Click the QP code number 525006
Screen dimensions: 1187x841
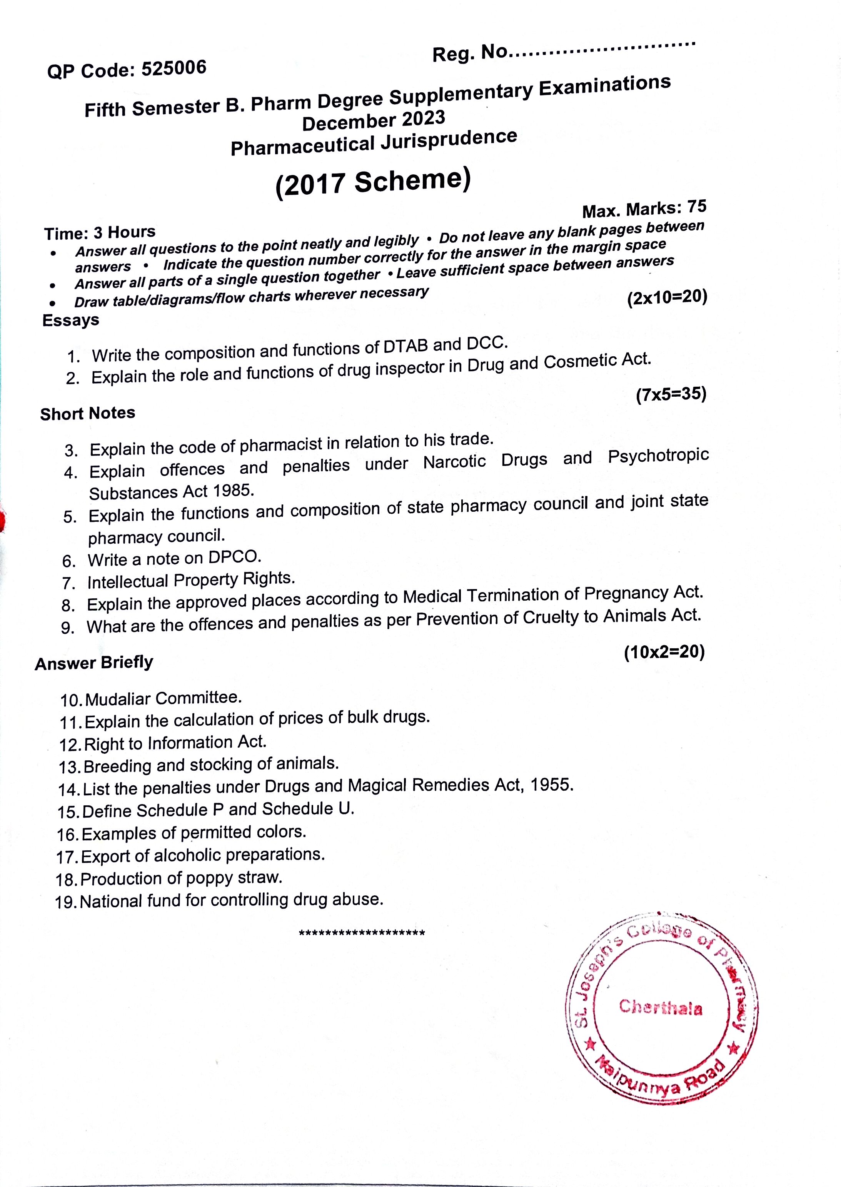(174, 68)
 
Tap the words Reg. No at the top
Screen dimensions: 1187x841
(470, 52)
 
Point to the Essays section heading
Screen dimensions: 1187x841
(70, 320)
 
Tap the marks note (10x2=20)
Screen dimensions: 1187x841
(664, 652)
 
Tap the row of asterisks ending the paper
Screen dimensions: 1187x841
(362, 933)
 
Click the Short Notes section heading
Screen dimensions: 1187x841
(87, 413)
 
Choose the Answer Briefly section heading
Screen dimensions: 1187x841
(94, 663)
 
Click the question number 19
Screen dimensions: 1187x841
(66, 903)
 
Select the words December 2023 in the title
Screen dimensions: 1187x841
(374, 121)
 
